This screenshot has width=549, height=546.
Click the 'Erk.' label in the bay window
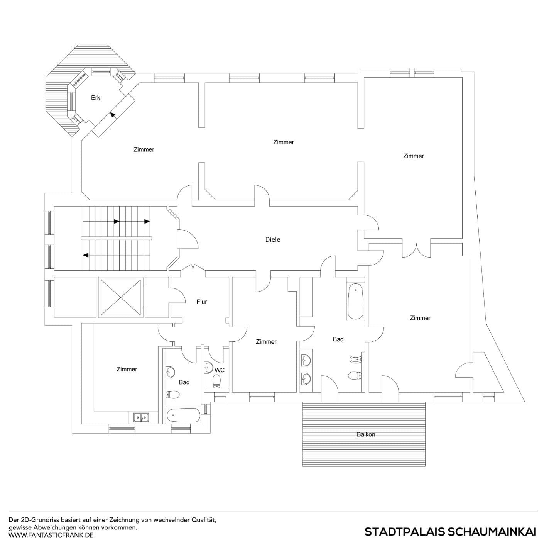96,98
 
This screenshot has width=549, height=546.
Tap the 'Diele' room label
272,239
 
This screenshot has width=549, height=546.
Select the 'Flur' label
201,302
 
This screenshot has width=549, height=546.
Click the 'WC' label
220,370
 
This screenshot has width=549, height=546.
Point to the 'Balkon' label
366,434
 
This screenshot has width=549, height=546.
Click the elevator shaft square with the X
120,297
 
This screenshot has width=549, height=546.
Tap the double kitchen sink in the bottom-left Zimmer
141,417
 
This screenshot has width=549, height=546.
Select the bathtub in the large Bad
355,302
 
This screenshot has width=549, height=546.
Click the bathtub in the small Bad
184,416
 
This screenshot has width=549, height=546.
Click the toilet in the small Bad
172,395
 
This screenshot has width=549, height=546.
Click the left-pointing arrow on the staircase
86,255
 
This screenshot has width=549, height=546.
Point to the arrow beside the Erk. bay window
113,114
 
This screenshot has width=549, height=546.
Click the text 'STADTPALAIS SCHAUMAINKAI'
450,532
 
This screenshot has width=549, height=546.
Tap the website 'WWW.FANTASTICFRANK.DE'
51,535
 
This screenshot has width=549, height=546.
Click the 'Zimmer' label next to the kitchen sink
127,369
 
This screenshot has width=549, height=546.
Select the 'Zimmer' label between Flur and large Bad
266,341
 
